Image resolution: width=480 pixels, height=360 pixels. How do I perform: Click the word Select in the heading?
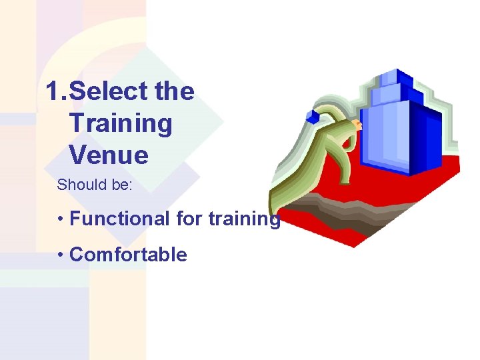coord(109,91)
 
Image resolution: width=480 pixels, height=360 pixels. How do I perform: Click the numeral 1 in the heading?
coord(53,91)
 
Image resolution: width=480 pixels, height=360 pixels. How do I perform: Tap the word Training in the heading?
coord(120,123)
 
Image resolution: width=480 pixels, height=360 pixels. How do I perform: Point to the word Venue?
coord(108,155)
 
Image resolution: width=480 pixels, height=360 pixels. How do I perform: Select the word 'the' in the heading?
coord(174,91)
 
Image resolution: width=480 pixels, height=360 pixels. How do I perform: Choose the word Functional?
coord(119,219)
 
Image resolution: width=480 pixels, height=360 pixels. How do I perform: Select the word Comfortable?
coord(128,254)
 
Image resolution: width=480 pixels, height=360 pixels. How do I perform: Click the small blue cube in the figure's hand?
coord(313,116)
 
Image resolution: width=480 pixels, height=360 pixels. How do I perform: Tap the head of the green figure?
coord(358,125)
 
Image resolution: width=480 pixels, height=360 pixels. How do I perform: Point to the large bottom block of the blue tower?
coord(400,137)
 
